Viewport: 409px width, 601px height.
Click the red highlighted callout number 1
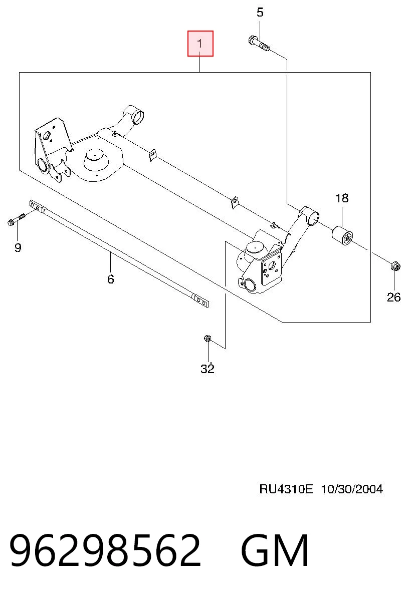200,44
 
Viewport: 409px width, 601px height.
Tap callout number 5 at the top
260,13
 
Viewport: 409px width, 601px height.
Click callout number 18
342,198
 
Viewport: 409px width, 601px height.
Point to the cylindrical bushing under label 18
342,236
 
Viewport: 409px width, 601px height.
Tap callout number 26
393,297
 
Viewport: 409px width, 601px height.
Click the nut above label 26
395,266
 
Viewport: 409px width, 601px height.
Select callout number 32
208,369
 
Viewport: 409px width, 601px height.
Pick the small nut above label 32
208,339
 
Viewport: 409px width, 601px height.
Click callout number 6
111,279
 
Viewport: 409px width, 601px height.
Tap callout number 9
18,247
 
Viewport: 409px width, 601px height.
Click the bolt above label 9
17,219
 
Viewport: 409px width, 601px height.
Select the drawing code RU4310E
286,489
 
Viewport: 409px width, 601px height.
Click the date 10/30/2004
352,489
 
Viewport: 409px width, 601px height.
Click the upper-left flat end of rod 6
37,206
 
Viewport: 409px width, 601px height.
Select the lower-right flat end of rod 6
201,302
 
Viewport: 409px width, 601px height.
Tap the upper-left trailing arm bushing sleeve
138,116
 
